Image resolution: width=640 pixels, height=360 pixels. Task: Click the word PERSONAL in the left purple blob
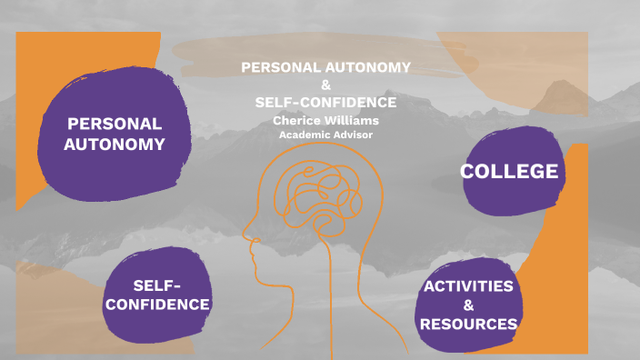[115, 124]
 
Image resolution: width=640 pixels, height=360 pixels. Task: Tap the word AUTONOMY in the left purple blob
[115, 144]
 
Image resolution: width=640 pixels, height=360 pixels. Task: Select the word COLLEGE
[509, 171]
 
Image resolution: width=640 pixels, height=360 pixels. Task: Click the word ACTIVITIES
[468, 286]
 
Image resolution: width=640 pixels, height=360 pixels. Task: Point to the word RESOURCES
[469, 324]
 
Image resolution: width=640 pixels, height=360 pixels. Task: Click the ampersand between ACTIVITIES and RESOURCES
[468, 305]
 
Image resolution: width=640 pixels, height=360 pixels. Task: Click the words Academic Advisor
[325, 135]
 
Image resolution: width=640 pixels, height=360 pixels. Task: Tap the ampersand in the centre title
[326, 85]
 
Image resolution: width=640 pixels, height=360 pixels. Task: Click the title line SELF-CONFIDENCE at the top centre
[325, 102]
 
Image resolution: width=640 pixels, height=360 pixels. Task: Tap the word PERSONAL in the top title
[281, 67]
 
